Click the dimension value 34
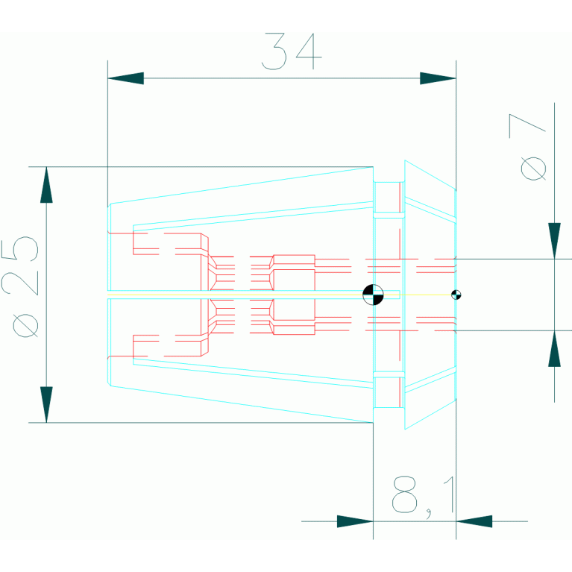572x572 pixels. [292, 51]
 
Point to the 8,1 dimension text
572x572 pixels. [422, 494]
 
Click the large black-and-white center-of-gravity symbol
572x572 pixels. [373, 295]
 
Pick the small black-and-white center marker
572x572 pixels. [456, 295]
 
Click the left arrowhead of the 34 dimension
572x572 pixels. [125, 78]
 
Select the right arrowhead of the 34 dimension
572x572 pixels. [438, 78]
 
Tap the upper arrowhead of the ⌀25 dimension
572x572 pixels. [46, 184]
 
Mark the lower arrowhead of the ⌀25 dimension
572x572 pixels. [46, 405]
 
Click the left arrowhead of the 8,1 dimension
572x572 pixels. [355, 521]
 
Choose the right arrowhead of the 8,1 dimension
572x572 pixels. [474, 521]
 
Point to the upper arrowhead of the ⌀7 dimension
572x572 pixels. [554, 240]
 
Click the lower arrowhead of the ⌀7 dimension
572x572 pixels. [554, 349]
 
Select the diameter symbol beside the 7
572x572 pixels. [533, 168]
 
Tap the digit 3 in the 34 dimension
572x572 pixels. [274, 51]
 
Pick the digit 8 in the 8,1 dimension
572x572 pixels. [405, 494]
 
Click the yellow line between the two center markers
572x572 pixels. [418, 295]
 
